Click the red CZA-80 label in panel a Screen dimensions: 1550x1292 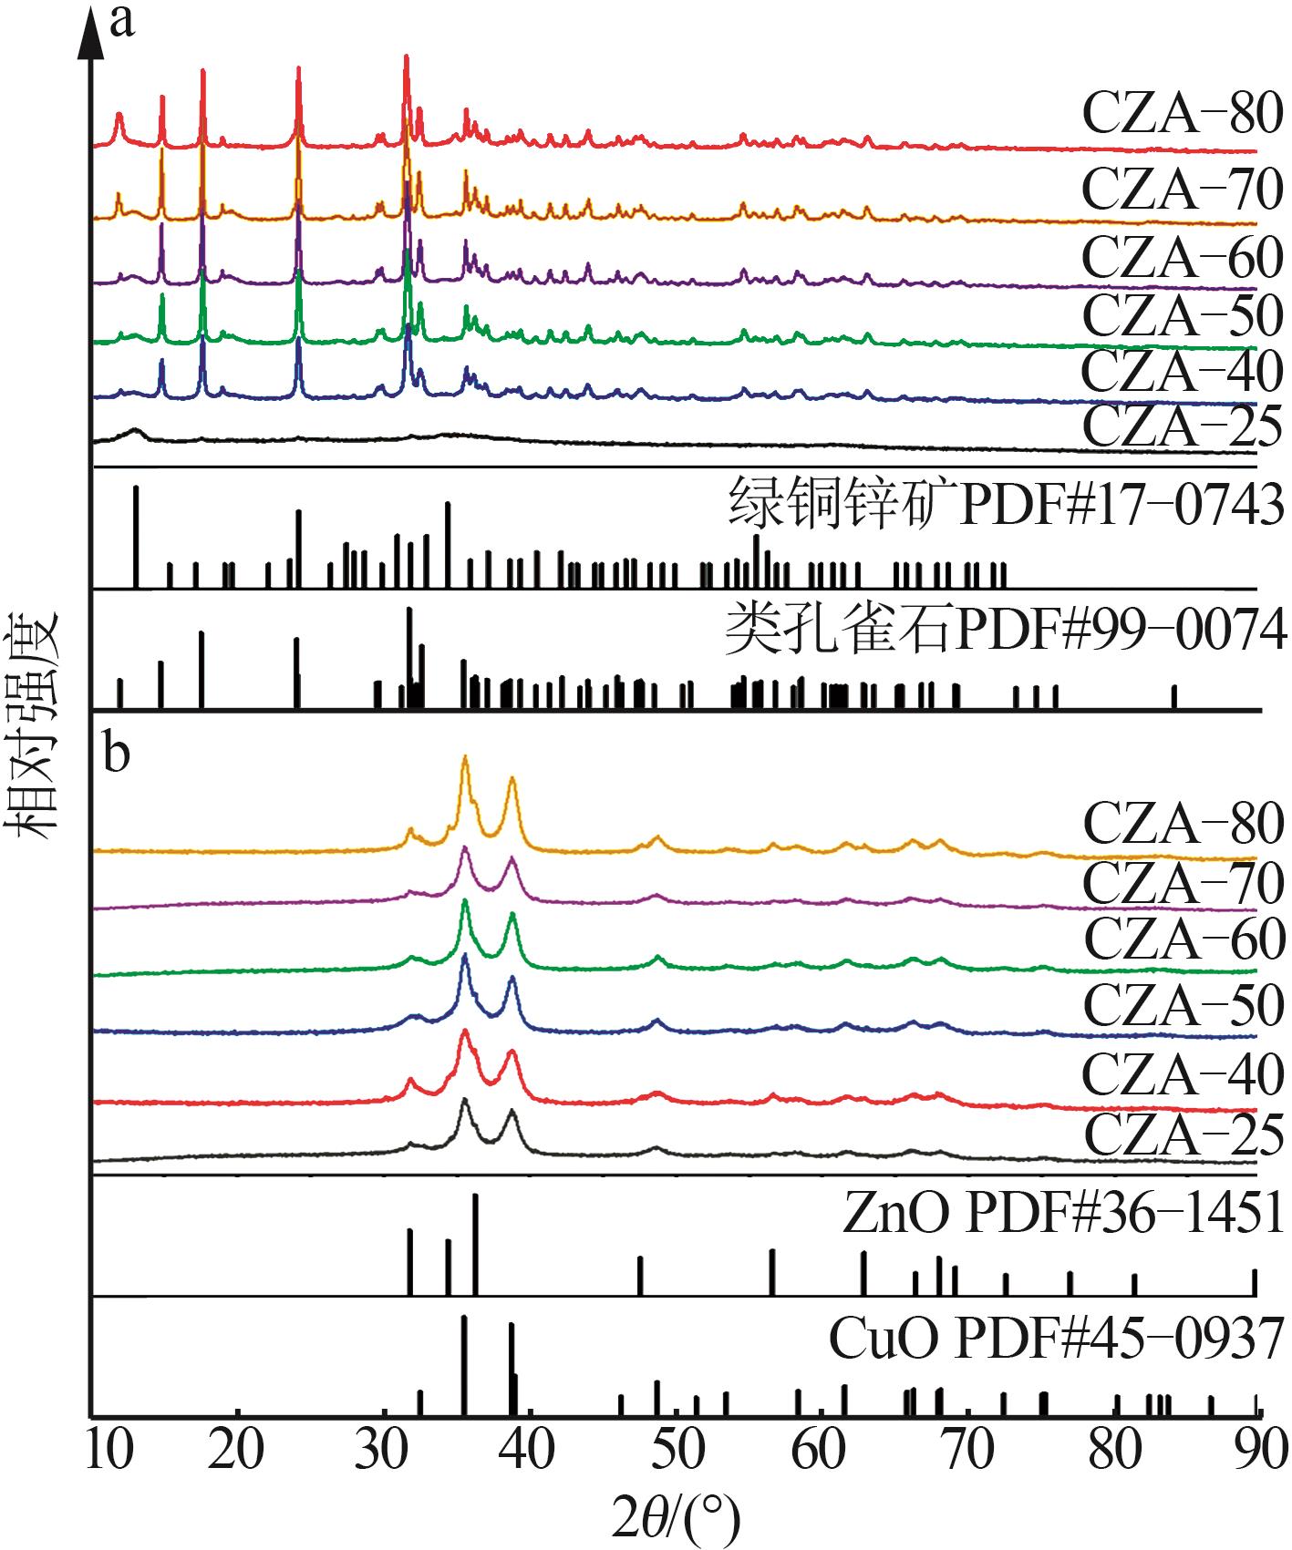click(x=1182, y=115)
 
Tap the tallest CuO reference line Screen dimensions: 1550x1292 click(x=464, y=1364)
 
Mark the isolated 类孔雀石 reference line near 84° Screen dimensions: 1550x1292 click(x=1174, y=696)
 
